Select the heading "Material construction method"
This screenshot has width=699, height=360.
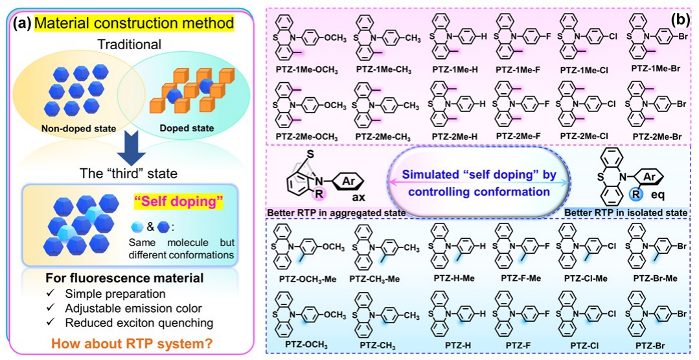point(134,24)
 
